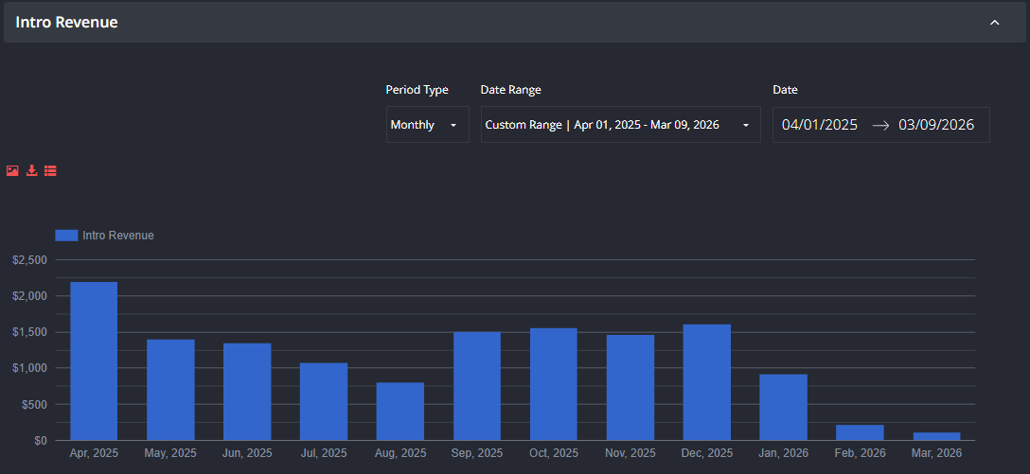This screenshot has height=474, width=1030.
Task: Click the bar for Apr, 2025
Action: pyautogui.click(x=94, y=361)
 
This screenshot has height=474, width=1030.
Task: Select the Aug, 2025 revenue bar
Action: pyautogui.click(x=400, y=412)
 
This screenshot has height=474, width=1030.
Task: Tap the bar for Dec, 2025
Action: pyautogui.click(x=707, y=383)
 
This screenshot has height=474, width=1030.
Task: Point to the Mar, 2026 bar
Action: pyautogui.click(x=936, y=436)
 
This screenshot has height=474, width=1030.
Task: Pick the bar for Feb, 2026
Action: pyautogui.click(x=860, y=432)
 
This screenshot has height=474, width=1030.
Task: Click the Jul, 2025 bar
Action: pyautogui.click(x=324, y=402)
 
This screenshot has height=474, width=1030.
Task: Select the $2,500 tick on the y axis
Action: pyautogui.click(x=29, y=260)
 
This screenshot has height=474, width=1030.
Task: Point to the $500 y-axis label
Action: pyautogui.click(x=33, y=404)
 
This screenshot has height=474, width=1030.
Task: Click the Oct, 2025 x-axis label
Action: pyautogui.click(x=554, y=453)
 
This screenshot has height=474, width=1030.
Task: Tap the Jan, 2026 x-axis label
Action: pyautogui.click(x=784, y=453)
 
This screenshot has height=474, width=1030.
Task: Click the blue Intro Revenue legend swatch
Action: pyautogui.click(x=66, y=235)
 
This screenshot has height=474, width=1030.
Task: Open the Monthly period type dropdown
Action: pyautogui.click(x=428, y=125)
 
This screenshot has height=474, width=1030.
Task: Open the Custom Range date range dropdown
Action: pyautogui.click(x=621, y=125)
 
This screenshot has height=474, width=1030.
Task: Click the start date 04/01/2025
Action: pyautogui.click(x=820, y=125)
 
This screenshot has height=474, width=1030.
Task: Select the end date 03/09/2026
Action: pyautogui.click(x=936, y=125)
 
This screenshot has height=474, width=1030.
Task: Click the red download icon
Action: pyautogui.click(x=31, y=170)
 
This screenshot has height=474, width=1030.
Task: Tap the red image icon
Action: pyautogui.click(x=12, y=170)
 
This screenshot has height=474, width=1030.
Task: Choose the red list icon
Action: pyautogui.click(x=50, y=170)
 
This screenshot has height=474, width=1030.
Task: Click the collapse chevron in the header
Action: pyautogui.click(x=995, y=23)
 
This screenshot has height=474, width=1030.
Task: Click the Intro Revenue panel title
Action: pyautogui.click(x=66, y=23)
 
